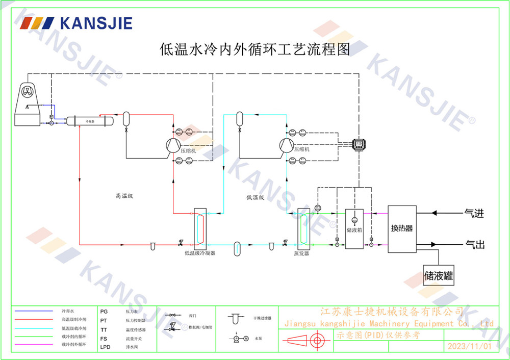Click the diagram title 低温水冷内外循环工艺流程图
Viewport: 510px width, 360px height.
pyautogui.click(x=254, y=49)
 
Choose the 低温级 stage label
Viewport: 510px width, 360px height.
pyautogui.click(x=255, y=197)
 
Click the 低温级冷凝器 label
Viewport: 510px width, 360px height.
pyautogui.click(x=200, y=253)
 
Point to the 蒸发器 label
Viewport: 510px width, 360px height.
pyautogui.click(x=301, y=253)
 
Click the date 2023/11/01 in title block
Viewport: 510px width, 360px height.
pyautogui.click(x=469, y=346)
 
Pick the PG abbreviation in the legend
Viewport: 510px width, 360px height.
pyautogui.click(x=104, y=311)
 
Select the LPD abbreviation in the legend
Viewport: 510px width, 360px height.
pyautogui.click(x=105, y=347)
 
